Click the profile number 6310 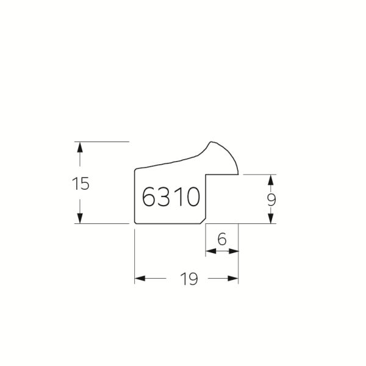pos(171,196)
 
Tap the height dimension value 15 pos(81,184)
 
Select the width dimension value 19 pos(189,279)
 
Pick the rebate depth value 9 pos(271,200)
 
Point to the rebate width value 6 pos(222,239)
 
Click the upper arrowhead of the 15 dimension pos(80,147)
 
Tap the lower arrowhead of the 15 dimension pos(80,218)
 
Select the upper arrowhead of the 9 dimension pos(271,180)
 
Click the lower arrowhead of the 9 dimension pos(271,218)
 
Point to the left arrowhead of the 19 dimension pos(140,278)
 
